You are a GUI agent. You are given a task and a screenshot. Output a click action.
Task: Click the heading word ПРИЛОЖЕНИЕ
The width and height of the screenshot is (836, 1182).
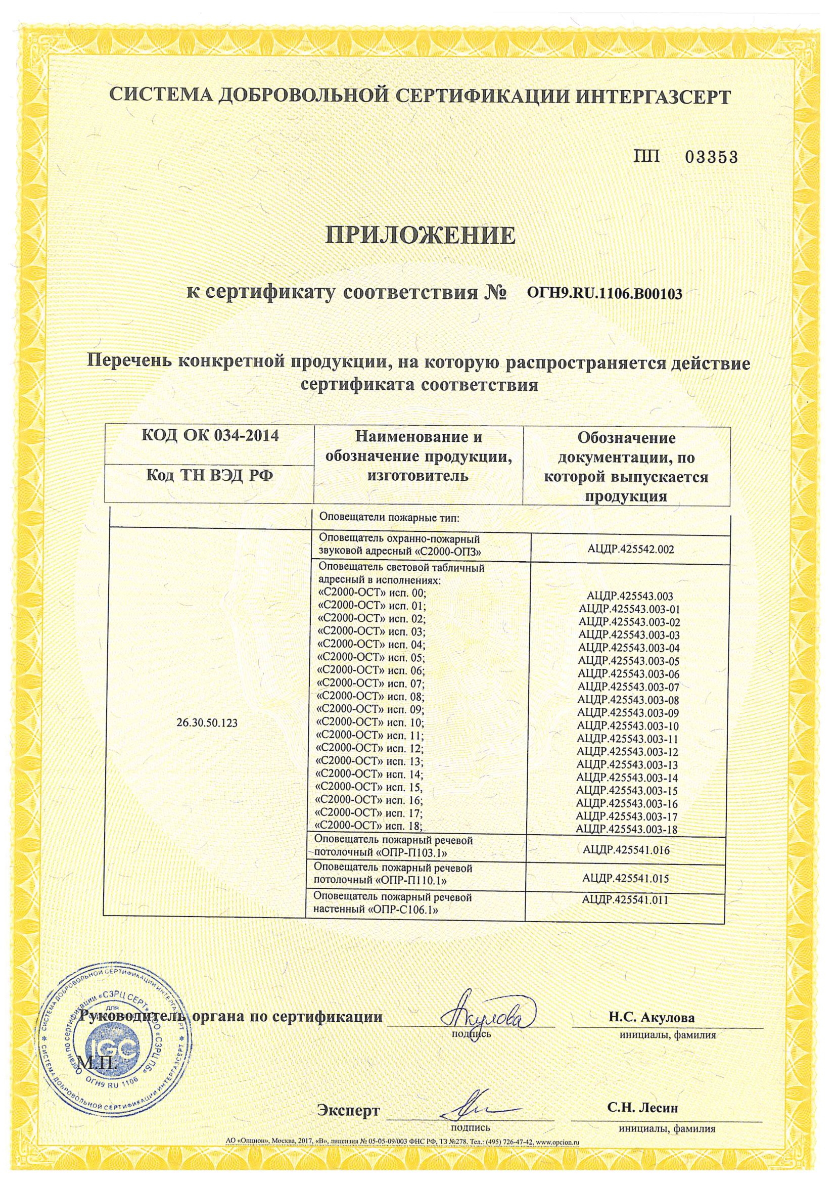click(x=421, y=236)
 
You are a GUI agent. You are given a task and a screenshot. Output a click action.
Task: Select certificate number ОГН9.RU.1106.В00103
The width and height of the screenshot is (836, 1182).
click(x=605, y=294)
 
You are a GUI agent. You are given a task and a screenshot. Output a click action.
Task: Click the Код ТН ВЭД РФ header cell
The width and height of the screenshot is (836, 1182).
click(x=210, y=475)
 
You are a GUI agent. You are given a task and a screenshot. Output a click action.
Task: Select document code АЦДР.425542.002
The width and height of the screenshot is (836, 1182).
click(x=630, y=550)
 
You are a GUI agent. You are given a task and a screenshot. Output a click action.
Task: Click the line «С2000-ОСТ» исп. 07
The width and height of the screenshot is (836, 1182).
click(x=372, y=684)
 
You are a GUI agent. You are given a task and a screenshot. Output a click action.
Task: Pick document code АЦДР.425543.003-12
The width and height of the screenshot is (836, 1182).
click(x=628, y=752)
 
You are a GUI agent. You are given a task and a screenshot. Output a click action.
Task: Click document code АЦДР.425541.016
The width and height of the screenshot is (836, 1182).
click(x=626, y=850)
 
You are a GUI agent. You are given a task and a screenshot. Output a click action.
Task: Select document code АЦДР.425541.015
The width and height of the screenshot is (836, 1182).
click(x=626, y=878)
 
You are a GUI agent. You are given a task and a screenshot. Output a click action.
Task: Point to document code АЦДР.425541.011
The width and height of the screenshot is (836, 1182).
click(x=625, y=900)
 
